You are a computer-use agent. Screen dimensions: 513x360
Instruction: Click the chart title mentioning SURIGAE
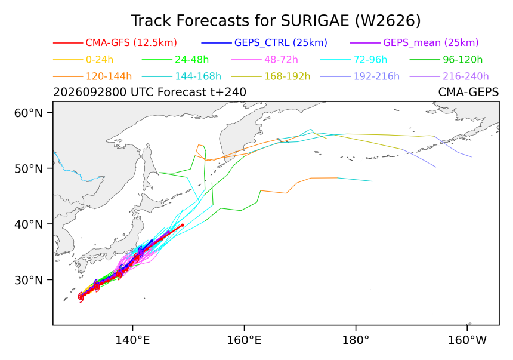[x=276, y=21]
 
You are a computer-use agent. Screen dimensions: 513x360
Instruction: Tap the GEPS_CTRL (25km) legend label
[x=281, y=42]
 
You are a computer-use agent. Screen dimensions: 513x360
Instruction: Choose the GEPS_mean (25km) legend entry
[x=431, y=42]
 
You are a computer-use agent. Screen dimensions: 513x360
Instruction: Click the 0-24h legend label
[x=100, y=60]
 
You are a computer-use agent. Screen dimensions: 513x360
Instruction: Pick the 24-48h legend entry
[x=191, y=60]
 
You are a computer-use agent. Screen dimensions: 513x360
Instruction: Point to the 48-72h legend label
[x=281, y=60]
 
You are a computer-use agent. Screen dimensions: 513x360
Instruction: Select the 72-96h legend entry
[x=370, y=60]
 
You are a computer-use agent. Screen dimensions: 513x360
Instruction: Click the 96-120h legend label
[x=463, y=60]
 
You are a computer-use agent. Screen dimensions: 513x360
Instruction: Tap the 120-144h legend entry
[x=109, y=76]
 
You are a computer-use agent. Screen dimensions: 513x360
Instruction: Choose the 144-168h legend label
[x=198, y=76]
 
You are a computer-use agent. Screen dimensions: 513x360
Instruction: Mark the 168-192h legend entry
[x=288, y=76]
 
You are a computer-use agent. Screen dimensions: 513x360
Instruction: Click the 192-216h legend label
[x=376, y=76]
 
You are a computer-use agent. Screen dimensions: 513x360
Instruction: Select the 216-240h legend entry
[x=465, y=76]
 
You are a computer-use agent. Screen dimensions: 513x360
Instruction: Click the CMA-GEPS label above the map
[x=468, y=92]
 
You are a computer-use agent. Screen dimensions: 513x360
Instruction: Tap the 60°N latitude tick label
[x=29, y=113]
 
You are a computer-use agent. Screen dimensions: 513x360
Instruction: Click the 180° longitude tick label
[x=356, y=340]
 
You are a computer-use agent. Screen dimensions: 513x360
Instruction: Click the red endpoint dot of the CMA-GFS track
[x=182, y=225]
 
